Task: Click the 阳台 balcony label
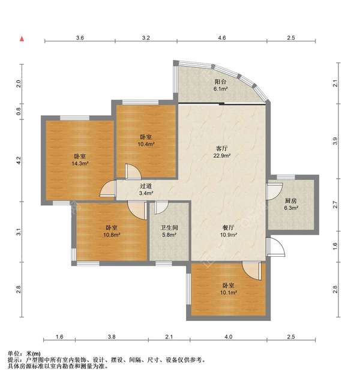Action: [x=221, y=82]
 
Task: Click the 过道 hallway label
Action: [x=146, y=186]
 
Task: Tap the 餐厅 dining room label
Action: [x=228, y=227]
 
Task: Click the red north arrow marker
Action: [x=22, y=39]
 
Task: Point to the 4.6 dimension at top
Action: [x=221, y=38]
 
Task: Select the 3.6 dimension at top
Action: [x=80, y=38]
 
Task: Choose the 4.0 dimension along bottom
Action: [x=228, y=338]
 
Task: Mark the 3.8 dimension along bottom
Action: [x=112, y=338]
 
